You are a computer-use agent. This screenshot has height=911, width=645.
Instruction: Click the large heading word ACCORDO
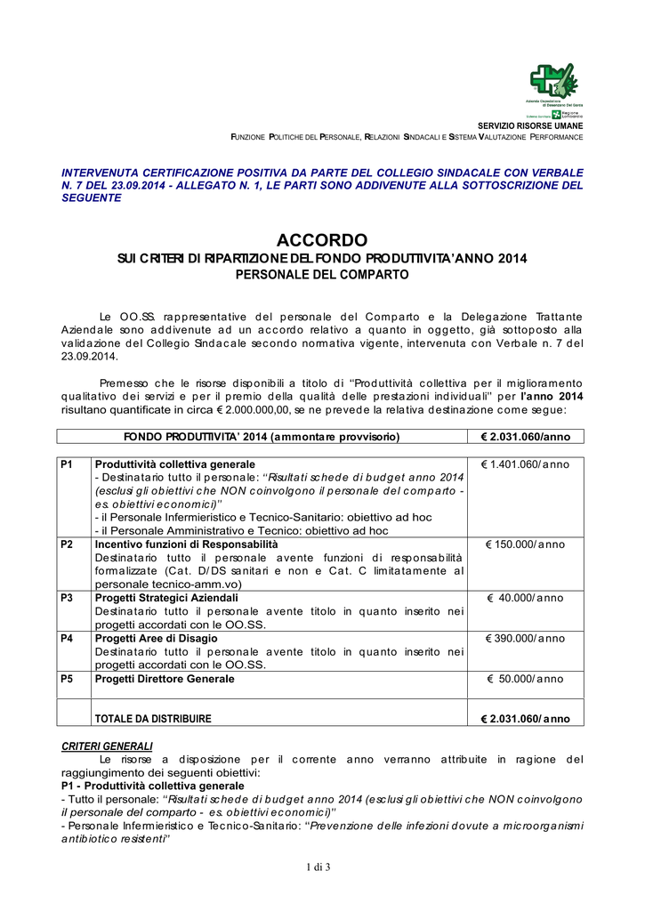pyautogui.click(x=322, y=240)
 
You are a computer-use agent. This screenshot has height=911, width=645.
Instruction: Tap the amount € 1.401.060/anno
pyautogui.click(x=526, y=465)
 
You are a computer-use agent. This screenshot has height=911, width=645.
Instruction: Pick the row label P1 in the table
pyautogui.click(x=67, y=465)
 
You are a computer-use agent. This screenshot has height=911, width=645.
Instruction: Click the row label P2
pyautogui.click(x=67, y=544)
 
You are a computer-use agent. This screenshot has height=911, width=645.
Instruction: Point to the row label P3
pyautogui.click(x=67, y=598)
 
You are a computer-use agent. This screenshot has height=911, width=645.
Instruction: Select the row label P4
pyautogui.click(x=67, y=639)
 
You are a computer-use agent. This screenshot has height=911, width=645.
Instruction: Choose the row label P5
pyautogui.click(x=67, y=679)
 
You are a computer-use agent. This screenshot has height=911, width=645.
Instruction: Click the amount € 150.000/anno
pyautogui.click(x=526, y=544)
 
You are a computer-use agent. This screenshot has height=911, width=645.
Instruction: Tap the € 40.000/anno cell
pyautogui.click(x=526, y=598)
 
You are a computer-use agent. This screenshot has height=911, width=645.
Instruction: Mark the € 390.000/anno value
pyautogui.click(x=526, y=639)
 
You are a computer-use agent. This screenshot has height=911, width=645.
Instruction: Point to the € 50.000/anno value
pyautogui.click(x=526, y=679)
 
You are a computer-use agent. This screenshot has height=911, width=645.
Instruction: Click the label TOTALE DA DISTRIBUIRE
pyautogui.click(x=153, y=719)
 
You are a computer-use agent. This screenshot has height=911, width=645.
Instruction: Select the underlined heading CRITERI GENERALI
pyautogui.click(x=107, y=746)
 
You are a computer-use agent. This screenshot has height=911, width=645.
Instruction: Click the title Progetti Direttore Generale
pyautogui.click(x=165, y=679)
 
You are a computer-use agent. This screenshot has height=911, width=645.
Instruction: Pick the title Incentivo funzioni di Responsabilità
pyautogui.click(x=186, y=544)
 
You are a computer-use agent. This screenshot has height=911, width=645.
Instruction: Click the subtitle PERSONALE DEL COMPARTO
pyautogui.click(x=321, y=275)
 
